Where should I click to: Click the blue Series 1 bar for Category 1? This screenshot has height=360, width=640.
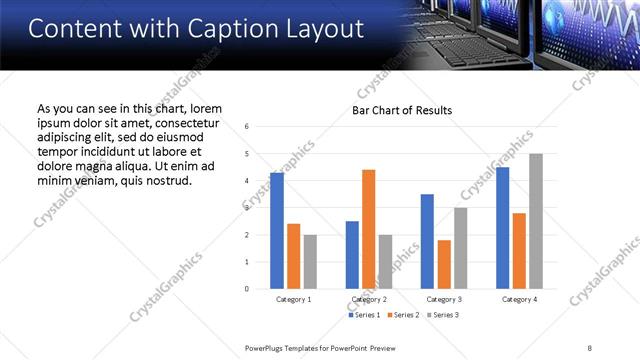[x=277, y=231]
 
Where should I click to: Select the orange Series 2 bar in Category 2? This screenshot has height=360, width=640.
[x=368, y=229]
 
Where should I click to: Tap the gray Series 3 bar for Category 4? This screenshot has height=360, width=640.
[x=536, y=221]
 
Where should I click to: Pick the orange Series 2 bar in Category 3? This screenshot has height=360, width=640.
[x=444, y=264]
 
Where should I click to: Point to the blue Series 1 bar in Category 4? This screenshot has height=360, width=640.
[x=503, y=228]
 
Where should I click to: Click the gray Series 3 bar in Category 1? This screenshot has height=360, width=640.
[x=310, y=262]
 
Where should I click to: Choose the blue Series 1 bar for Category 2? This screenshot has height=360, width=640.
[x=352, y=255]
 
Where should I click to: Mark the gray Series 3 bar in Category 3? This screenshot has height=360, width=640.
[x=460, y=248]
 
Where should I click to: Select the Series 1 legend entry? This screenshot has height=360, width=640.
[x=363, y=315]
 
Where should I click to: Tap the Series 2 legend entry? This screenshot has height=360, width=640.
[x=402, y=315]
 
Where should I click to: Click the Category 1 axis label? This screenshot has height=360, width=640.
[x=293, y=299]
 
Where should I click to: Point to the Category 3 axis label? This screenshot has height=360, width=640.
[x=444, y=299]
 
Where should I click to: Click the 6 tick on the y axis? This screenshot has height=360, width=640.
[x=260, y=127]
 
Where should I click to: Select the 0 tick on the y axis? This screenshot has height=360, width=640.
[x=260, y=289]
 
